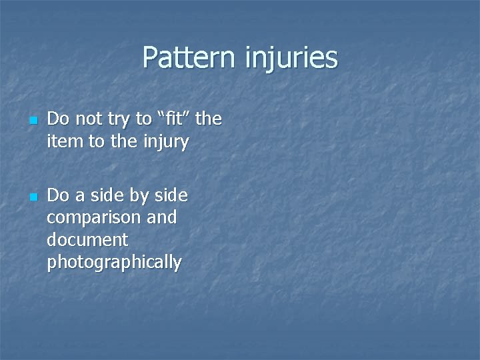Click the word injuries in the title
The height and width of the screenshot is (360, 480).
[291, 58]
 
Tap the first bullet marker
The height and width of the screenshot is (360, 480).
[31, 121]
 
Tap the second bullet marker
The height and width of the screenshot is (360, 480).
[31, 198]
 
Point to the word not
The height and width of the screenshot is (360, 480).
[86, 120]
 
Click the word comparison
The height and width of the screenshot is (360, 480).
[93, 218]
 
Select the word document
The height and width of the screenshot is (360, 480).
[87, 240]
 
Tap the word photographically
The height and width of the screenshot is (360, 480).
[114, 263]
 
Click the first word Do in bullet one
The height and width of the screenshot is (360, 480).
[58, 120]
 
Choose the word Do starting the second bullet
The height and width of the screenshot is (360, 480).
[58, 196]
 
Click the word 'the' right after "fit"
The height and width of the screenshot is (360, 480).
[209, 119]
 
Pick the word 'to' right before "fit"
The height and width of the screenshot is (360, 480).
[143, 120]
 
